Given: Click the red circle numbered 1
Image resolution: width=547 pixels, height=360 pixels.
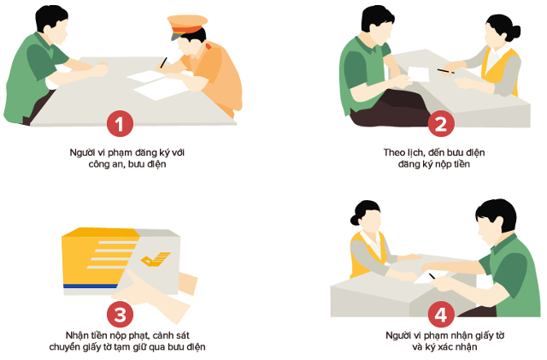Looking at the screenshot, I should [119, 124].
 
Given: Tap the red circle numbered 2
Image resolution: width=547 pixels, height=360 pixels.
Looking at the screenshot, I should [439, 124].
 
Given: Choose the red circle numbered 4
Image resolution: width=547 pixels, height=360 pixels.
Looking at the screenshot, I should [439, 314].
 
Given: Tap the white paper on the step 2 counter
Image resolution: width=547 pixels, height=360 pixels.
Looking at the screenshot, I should [419, 74].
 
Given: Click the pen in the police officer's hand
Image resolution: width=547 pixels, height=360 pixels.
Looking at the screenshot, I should [163, 62].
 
